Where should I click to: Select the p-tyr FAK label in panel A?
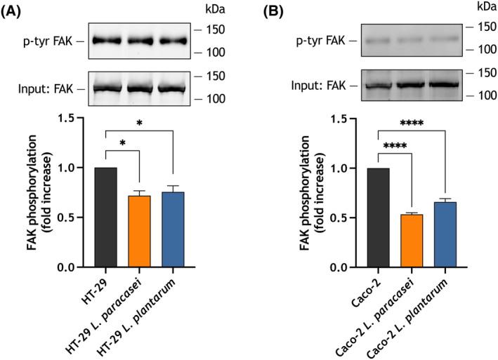tap(42, 41)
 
